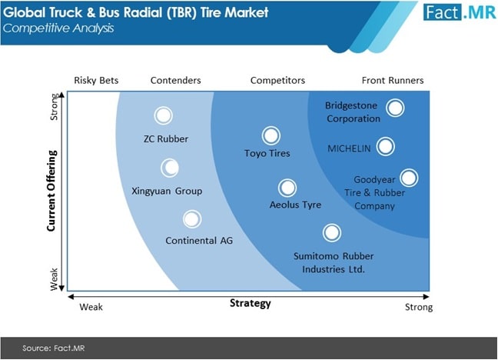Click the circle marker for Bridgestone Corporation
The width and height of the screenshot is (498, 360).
click(395, 108)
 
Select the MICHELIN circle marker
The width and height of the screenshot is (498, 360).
click(386, 147)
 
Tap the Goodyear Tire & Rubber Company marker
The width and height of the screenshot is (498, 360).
click(409, 178)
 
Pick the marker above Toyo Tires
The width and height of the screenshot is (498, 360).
click(271, 135)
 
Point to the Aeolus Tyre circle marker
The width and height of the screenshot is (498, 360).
click(287, 188)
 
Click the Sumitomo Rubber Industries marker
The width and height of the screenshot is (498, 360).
click(332, 232)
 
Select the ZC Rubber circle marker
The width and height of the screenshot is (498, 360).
click(163, 115)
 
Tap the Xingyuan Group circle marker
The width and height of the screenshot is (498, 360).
click(170, 168)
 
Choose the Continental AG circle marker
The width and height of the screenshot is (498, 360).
click(192, 218)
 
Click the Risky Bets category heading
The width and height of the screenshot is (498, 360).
click(96, 81)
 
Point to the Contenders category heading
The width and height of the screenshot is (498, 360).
click(176, 81)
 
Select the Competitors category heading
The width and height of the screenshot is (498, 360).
click(277, 81)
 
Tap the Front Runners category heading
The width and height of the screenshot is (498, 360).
click(393, 81)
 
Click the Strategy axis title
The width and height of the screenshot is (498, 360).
click(251, 303)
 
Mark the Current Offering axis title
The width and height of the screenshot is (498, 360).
click(51, 191)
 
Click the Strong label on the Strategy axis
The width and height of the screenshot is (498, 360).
click(419, 307)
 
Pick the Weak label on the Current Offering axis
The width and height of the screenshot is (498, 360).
click(54, 279)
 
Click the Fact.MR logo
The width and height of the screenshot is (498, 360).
click(460, 12)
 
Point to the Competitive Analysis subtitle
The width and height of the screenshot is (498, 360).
click(58, 28)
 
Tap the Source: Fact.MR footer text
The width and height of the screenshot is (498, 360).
click(53, 348)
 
